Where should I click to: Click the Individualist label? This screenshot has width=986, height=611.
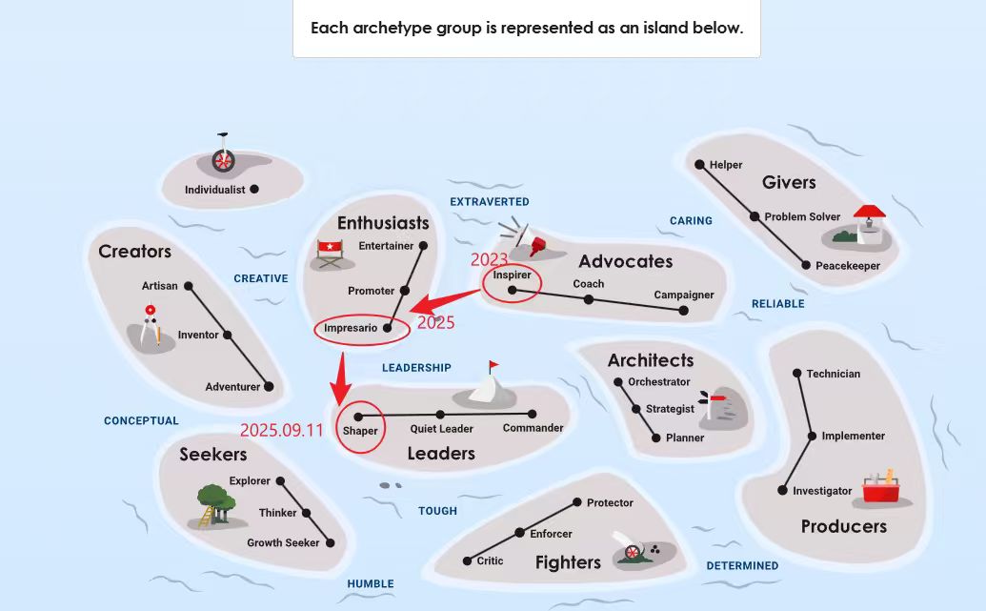pos(214,190)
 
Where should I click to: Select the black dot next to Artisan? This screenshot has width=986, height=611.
pos(189,286)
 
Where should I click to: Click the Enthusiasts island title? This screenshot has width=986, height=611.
pos(383,223)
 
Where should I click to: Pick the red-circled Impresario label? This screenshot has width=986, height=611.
pos(352,328)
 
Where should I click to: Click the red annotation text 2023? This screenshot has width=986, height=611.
pos(490,259)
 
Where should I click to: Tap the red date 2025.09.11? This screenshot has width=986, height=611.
pos(282,430)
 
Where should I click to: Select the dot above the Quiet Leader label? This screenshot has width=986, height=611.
pos(440,415)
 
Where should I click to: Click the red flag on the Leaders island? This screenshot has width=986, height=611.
pos(493,365)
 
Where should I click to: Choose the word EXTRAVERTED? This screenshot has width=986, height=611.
pos(490,202)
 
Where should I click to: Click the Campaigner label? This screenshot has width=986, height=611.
pos(683,295)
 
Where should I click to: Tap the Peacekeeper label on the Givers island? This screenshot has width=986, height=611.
pos(848,266)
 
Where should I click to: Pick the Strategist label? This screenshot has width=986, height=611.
pos(670,409)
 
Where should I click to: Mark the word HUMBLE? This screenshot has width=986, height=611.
pos(371,584)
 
